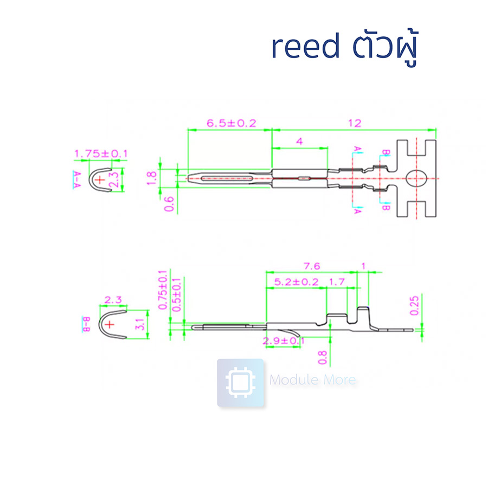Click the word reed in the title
click(x=305, y=48)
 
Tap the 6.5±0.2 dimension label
click(x=231, y=123)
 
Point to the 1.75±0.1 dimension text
click(x=101, y=153)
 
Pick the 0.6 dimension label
click(x=169, y=204)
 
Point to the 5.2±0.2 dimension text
click(x=297, y=282)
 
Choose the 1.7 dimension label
click(x=337, y=282)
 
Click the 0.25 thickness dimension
click(x=415, y=305)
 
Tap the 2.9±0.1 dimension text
click(x=283, y=341)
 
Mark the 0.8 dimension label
click(x=323, y=356)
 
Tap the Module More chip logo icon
click(x=240, y=383)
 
